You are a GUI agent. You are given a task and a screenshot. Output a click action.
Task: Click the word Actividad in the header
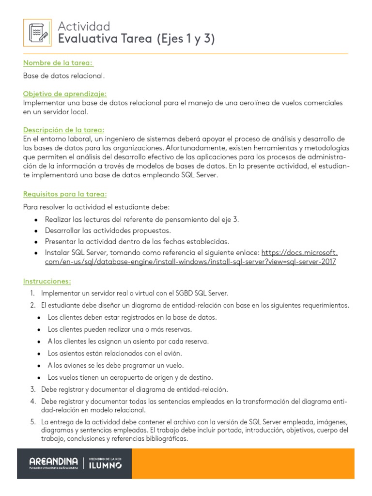(x=84, y=26)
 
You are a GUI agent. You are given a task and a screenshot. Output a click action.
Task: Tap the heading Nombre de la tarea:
(x=58, y=63)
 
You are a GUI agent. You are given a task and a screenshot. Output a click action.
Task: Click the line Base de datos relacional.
(x=63, y=76)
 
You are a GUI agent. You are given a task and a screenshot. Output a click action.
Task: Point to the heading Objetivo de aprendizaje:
(x=65, y=93)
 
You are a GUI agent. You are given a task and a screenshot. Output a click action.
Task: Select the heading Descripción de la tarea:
(x=63, y=130)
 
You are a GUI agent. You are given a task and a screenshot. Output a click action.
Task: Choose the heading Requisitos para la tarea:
(x=65, y=194)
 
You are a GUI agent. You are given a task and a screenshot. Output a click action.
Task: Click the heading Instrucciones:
(x=47, y=281)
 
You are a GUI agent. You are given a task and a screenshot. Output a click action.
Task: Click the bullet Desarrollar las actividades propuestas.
(x=108, y=231)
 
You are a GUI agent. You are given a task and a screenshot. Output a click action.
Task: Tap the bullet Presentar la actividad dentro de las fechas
(x=137, y=241)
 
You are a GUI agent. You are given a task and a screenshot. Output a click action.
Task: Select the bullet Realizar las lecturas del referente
(x=142, y=219)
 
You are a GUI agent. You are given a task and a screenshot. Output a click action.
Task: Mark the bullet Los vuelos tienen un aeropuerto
(x=130, y=377)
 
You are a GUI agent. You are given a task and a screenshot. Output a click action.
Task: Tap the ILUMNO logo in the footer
(x=106, y=464)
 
